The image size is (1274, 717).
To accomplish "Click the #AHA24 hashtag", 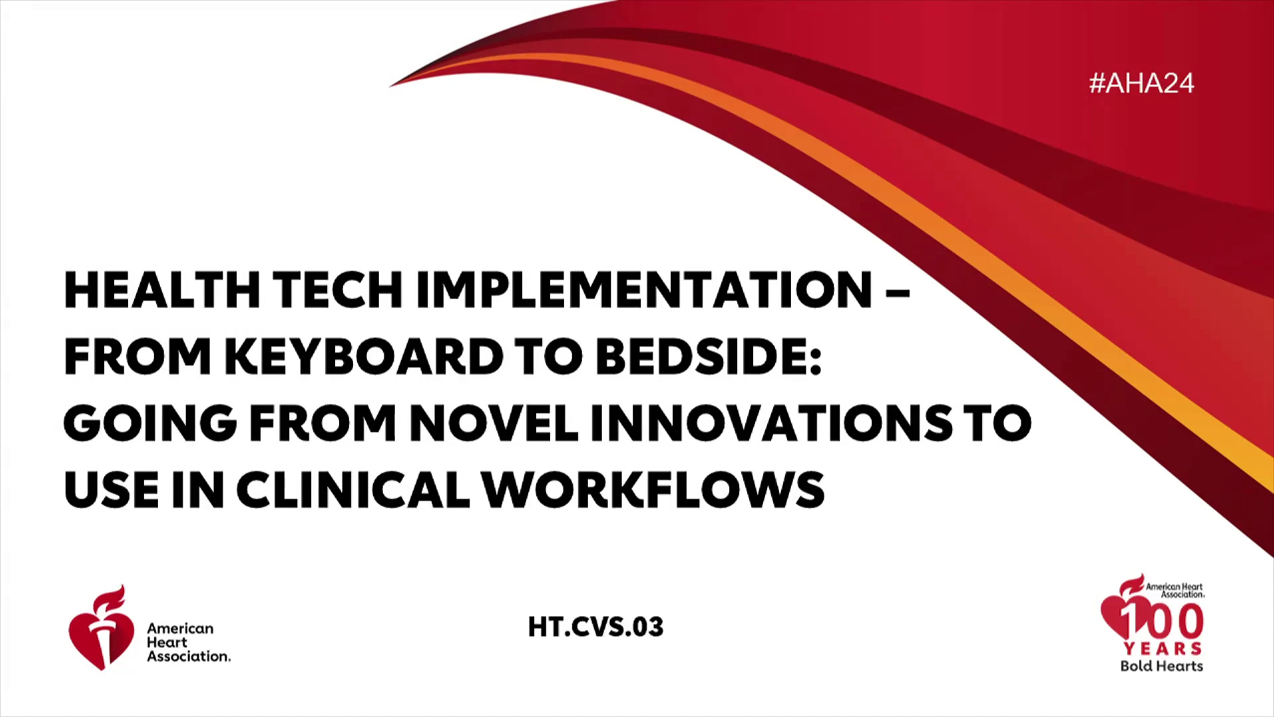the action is click(x=1141, y=83).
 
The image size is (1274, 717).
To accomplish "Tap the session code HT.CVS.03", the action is click(x=595, y=627).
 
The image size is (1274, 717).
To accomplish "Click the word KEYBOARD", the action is click(x=364, y=357).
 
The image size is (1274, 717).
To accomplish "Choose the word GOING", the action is click(x=150, y=423).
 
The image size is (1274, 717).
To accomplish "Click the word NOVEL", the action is click(x=494, y=423).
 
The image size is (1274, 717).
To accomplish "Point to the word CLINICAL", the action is click(x=353, y=490).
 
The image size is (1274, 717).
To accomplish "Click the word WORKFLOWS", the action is click(x=653, y=490).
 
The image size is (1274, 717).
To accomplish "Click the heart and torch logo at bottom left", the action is click(x=101, y=628).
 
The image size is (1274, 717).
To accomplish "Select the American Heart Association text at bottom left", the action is click(x=188, y=642).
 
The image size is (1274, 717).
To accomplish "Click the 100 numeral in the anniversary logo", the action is click(x=1162, y=621).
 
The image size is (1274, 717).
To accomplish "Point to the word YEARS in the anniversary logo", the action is click(x=1163, y=649).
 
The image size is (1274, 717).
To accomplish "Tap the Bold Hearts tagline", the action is click(x=1162, y=666).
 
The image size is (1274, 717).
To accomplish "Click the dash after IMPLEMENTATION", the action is click(x=897, y=292).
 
